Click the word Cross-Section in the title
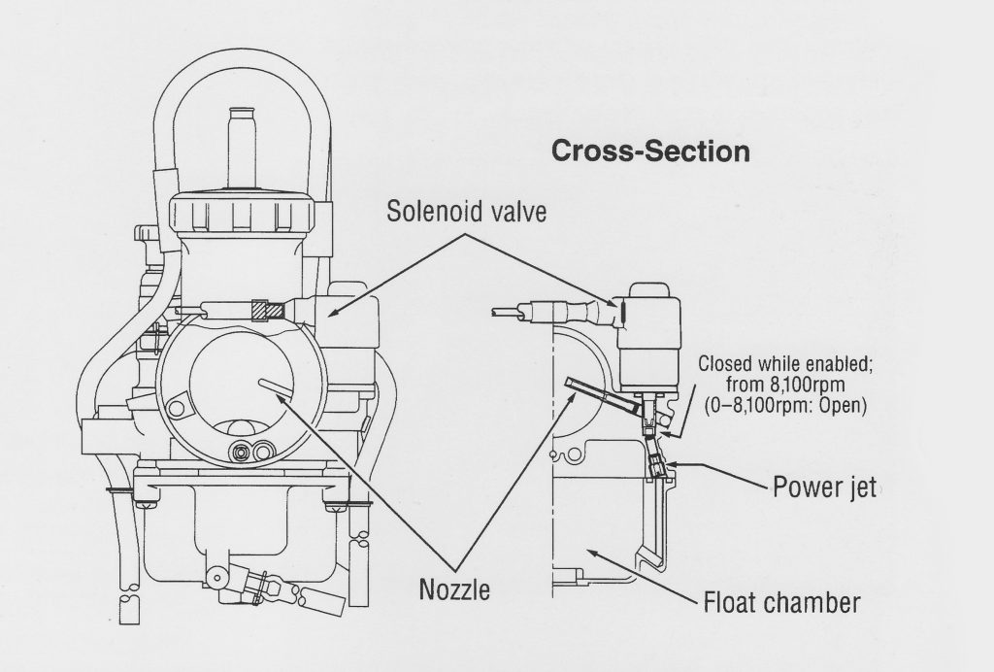pyautogui.click(x=649, y=151)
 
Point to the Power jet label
pyautogui.click(x=825, y=486)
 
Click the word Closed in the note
pyautogui.click(x=725, y=365)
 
